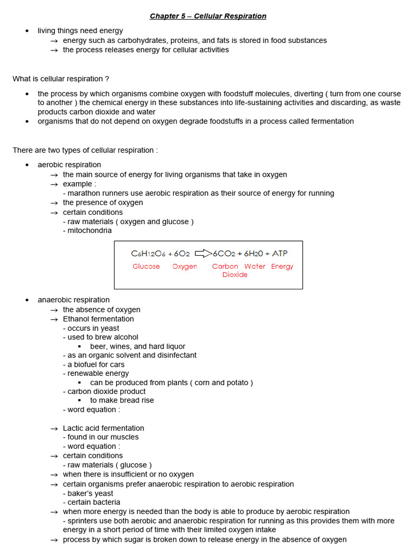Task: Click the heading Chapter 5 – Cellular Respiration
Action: (208, 16)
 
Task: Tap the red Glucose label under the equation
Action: (146, 267)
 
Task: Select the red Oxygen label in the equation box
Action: (185, 267)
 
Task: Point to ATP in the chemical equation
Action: (280, 253)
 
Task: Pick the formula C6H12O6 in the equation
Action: (148, 253)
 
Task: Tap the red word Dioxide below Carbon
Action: (235, 275)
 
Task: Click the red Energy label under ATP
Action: (282, 267)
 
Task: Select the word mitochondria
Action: (90, 231)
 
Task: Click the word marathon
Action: (83, 193)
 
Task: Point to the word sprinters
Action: (83, 521)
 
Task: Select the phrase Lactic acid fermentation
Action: (103, 428)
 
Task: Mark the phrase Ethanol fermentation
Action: (98, 319)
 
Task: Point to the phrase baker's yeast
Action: (90, 493)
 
